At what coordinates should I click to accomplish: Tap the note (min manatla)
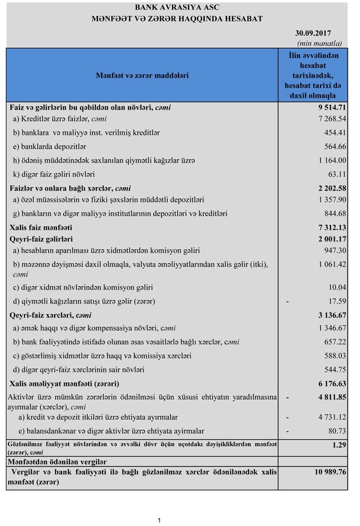(x=319, y=43)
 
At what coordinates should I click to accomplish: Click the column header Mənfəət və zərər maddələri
(x=142, y=75)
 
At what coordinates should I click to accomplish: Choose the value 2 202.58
(x=327, y=188)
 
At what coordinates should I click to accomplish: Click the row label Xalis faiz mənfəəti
(x=41, y=227)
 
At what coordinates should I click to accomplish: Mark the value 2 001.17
(x=327, y=239)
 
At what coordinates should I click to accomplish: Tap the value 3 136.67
(x=327, y=315)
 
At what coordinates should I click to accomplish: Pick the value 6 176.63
(x=327, y=383)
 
